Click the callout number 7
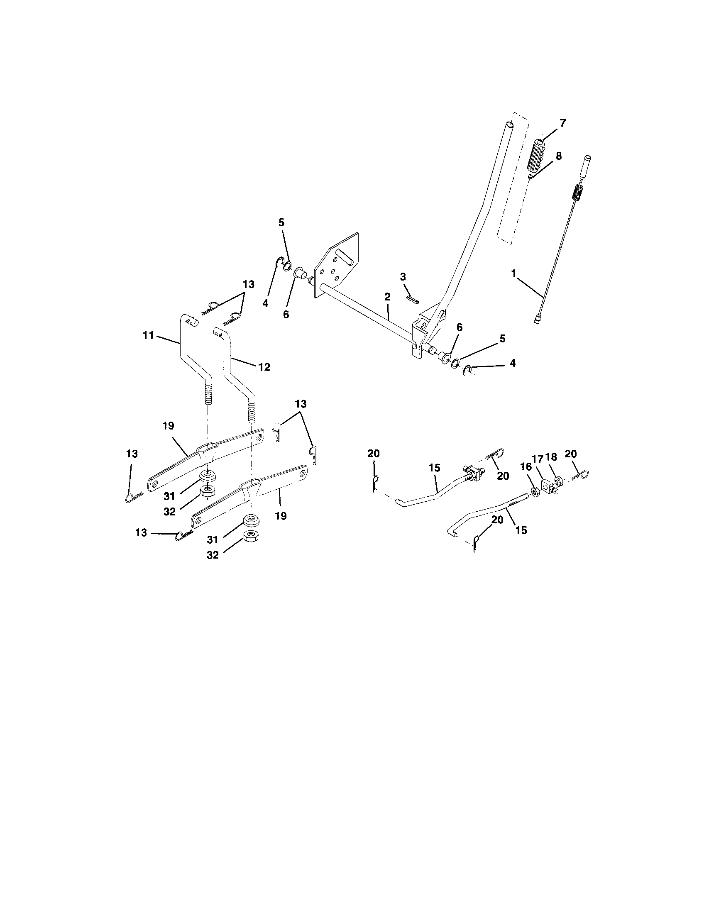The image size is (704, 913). point(562,123)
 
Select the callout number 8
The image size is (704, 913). point(559,156)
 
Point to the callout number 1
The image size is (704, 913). point(513,274)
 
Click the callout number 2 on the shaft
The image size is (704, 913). point(387,297)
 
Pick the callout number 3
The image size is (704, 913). point(403,277)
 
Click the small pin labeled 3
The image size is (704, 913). point(413,300)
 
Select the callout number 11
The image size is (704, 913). point(149,335)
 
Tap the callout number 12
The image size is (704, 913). point(264,367)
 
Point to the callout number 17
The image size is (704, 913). point(538,459)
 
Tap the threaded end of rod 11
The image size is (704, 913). point(208,392)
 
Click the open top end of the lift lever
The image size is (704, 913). point(510,124)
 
